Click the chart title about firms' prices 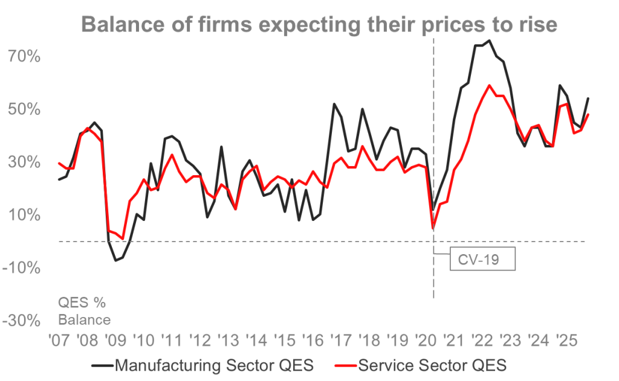point(319,25)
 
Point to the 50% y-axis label point(24,110)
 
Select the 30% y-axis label point(24,162)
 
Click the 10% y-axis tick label point(24,215)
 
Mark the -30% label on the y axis point(21,321)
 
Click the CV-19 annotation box point(482,259)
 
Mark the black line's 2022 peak point(488,40)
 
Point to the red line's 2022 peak point(488,85)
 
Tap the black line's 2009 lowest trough point(114,261)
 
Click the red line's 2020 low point point(433,229)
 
